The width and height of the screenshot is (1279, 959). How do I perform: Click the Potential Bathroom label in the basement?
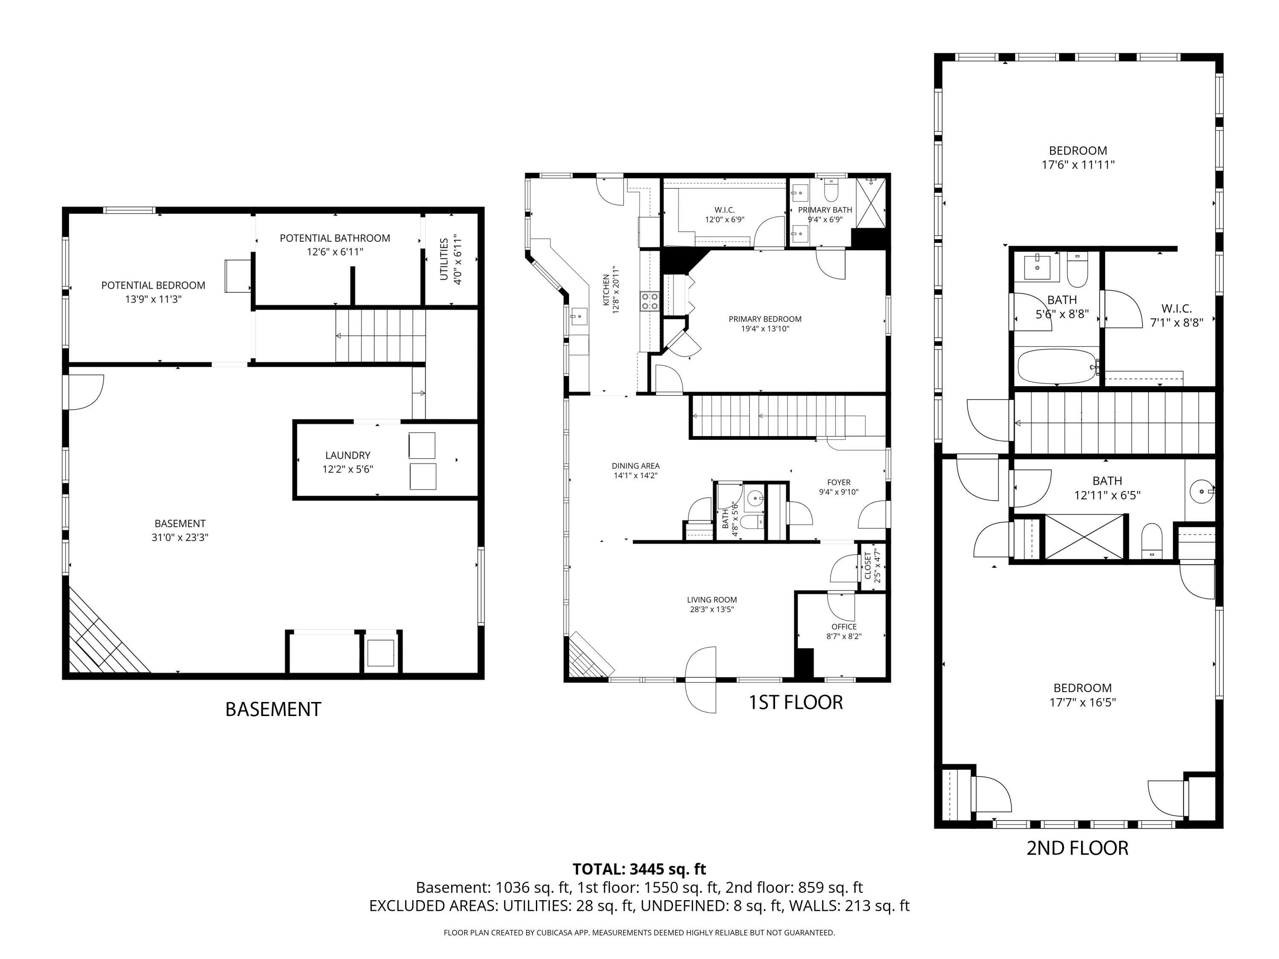tap(335, 238)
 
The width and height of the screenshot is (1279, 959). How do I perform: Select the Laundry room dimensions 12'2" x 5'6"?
tap(347, 469)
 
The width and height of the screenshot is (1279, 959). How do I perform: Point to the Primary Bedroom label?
tap(765, 319)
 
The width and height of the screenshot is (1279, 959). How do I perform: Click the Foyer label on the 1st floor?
tap(839, 482)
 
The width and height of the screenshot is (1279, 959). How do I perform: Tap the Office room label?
tap(844, 627)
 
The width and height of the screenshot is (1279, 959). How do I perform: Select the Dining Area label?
tap(636, 466)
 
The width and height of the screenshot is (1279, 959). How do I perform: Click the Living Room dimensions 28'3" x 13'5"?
tap(712, 609)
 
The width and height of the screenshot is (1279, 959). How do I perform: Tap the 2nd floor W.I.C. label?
tap(1176, 309)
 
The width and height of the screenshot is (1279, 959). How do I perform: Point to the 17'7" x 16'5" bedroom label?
tap(1082, 688)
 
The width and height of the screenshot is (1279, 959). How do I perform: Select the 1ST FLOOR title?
tap(796, 702)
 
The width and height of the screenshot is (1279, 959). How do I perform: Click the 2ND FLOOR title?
tap(1077, 848)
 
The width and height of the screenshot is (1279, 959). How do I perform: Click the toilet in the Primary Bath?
tap(831, 190)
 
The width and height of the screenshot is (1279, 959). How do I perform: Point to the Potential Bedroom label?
tap(153, 286)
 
